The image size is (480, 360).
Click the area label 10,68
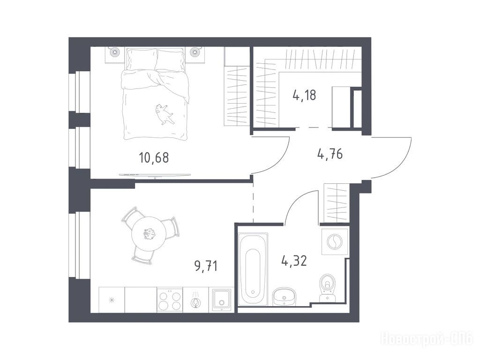154,158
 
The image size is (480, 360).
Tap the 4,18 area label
304,95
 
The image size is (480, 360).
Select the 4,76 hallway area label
330,154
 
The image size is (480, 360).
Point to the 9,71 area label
206,266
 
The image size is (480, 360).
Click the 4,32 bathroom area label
294,261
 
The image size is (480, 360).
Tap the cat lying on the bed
163,114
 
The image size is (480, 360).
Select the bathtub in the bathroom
253,270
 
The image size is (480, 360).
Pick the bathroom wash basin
285,296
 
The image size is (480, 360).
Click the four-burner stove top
170,300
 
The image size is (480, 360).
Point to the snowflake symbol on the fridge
112,300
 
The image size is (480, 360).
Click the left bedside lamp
115,52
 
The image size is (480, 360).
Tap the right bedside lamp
195,52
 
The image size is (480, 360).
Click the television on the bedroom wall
155,175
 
